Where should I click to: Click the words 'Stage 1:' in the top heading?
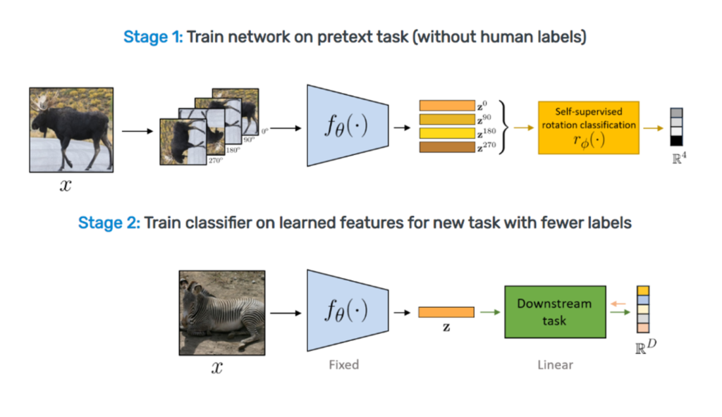[153, 37]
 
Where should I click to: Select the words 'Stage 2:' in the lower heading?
[109, 223]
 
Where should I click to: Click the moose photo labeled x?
[71, 130]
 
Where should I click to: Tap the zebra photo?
[222, 313]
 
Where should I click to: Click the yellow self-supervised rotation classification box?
[589, 127]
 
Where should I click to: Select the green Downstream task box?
[555, 312]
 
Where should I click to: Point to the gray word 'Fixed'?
[344, 365]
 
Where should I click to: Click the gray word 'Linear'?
[556, 365]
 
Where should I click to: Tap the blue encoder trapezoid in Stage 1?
[348, 125]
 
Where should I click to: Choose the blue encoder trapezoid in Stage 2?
[348, 311]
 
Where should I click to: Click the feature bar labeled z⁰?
[446, 106]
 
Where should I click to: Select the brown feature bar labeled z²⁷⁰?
[446, 147]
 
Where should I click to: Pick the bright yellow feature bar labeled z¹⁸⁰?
[446, 133]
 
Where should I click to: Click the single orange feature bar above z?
[446, 312]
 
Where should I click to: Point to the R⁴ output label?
[679, 158]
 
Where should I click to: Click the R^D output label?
[646, 347]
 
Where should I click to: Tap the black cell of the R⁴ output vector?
[676, 141]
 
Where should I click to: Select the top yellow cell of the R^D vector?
[643, 290]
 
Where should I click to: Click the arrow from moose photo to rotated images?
[137, 131]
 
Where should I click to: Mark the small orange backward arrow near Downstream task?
[618, 304]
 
